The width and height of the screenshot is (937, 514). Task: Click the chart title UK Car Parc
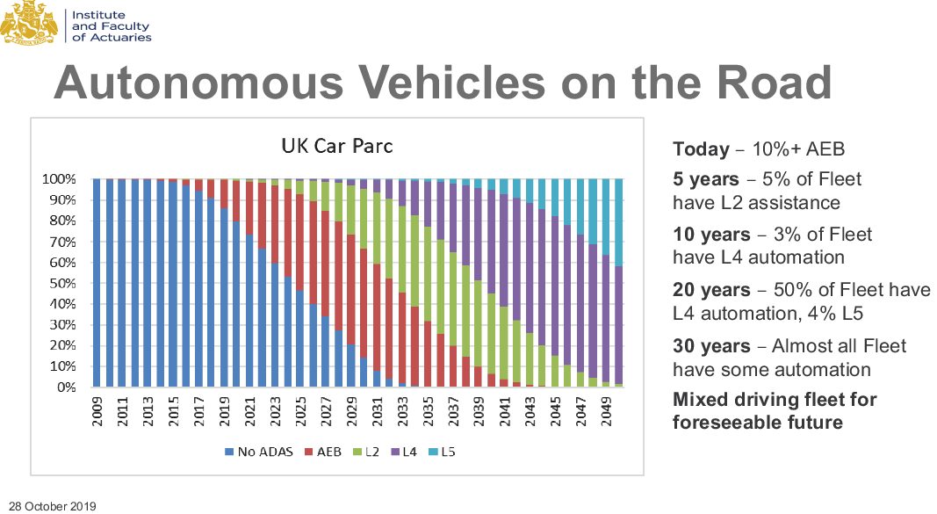336,146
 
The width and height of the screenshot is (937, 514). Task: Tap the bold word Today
701,149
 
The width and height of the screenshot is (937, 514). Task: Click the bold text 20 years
711,290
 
